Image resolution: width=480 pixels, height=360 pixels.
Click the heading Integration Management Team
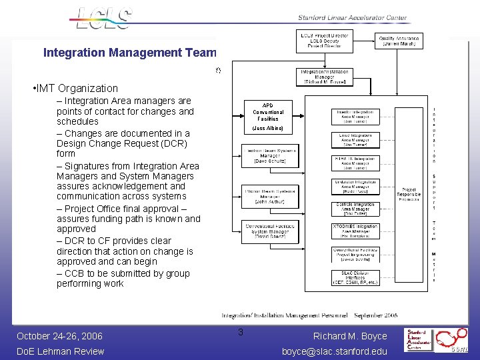tap(130, 52)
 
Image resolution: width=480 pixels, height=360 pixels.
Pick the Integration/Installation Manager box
tap(325, 76)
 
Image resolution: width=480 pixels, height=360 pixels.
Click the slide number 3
tap(241, 333)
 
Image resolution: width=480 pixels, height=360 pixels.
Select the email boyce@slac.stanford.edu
tap(335, 351)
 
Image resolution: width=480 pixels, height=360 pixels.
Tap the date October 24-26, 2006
tap(60, 336)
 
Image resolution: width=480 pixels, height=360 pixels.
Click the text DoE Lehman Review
tap(60, 351)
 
